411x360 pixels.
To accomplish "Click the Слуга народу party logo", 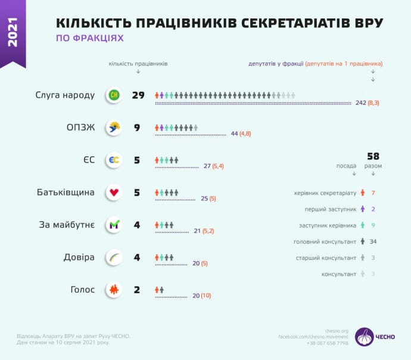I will tap(113, 95).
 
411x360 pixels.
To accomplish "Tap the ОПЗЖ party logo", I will tap(113, 128).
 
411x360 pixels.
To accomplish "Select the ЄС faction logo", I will tap(113, 160).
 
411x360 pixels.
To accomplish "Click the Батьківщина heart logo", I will tap(113, 193).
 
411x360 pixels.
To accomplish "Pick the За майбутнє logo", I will tap(113, 225).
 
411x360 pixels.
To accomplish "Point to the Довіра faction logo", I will tap(113, 257).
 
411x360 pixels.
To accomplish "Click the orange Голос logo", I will tap(113, 290).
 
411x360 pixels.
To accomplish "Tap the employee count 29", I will tap(138, 95).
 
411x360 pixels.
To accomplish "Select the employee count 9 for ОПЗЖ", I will tap(137, 128).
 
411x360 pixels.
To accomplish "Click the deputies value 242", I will tap(360, 103).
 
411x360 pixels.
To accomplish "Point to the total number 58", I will tap(373, 156).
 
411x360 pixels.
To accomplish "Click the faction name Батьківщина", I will tap(66, 193).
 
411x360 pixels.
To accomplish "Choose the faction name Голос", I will tap(83, 290).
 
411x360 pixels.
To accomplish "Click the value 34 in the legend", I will tap(373, 241).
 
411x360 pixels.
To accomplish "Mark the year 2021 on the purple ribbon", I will tap(13, 32).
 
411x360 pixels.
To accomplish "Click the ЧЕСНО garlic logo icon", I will tap(364, 337).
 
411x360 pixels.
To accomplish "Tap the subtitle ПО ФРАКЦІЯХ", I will tap(89, 38).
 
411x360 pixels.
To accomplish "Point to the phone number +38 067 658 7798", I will tap(328, 343).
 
